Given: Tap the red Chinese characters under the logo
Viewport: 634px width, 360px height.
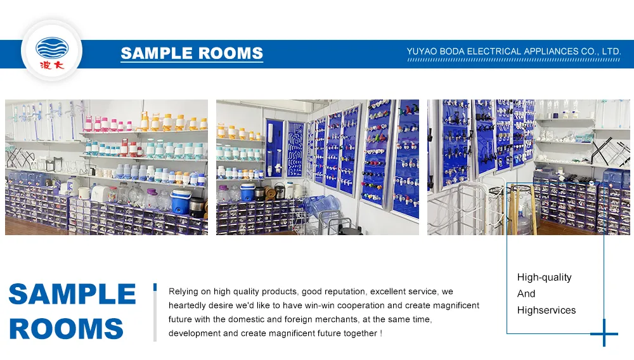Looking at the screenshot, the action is (52, 65).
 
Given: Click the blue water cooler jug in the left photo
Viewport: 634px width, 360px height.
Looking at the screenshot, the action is (181, 202).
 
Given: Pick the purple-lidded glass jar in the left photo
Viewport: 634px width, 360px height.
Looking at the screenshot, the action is (152, 199).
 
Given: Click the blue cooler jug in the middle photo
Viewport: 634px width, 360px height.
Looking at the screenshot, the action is (247, 192).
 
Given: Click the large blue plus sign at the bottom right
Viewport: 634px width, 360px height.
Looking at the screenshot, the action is (604, 333).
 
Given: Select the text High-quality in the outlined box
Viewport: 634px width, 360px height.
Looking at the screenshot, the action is (544, 278).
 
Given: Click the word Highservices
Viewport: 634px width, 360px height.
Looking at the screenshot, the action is (547, 310).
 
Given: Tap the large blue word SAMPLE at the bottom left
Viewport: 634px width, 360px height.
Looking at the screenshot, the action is (72, 293).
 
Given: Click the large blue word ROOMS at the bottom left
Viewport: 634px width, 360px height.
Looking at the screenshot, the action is (67, 328).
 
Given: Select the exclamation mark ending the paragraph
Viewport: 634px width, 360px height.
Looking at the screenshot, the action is (381, 333).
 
